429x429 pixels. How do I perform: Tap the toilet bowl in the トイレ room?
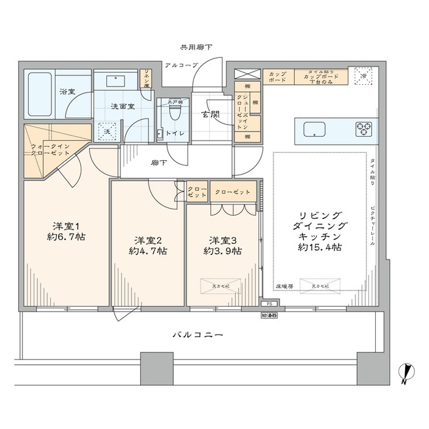click(173, 115)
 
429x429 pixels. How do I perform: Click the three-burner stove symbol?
click(363, 127)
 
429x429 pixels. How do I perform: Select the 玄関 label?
click(210, 115)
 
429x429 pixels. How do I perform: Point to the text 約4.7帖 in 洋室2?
click(148, 251)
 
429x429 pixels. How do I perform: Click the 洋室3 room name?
click(223, 240)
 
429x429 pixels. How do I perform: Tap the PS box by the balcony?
click(269, 304)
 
